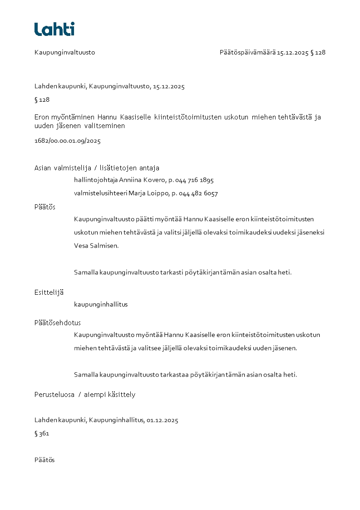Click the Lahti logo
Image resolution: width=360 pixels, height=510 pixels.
54,29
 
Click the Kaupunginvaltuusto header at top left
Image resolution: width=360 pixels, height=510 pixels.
64,52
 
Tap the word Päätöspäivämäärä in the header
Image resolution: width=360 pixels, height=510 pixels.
247,52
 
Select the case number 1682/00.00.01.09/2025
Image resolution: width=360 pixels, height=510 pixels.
67,141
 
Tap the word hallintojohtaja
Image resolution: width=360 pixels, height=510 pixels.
95,180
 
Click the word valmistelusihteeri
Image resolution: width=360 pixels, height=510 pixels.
100,193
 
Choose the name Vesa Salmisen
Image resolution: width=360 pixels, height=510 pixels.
96,246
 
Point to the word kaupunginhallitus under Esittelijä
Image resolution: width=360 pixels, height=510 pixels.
101,304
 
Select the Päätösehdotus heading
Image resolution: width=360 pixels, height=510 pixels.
58,323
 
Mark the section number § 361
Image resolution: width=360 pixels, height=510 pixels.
42,434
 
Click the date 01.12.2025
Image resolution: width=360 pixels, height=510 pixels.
162,420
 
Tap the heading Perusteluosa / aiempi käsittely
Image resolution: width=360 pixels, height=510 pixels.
85,394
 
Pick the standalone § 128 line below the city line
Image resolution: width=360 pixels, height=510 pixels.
42,99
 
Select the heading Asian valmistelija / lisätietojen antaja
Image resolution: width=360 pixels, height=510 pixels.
97,168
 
